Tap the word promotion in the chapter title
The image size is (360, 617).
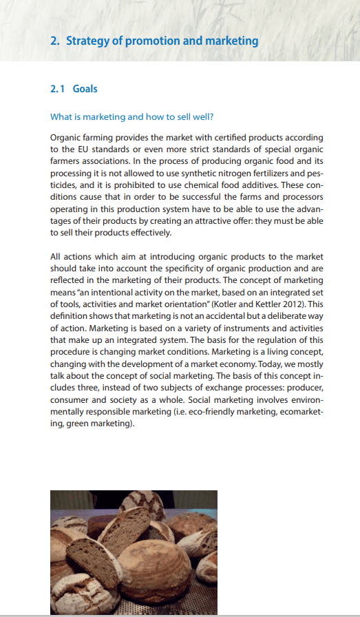tap(147, 41)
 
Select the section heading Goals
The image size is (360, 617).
tap(85, 89)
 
